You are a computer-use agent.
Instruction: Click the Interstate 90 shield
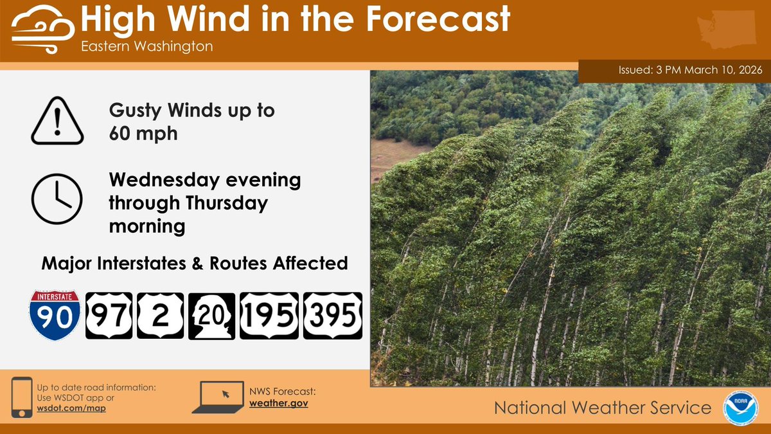(x=55, y=315)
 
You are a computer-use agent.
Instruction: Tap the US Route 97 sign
(x=109, y=316)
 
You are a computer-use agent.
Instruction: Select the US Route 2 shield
(x=159, y=316)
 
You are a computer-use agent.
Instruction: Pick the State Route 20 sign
(x=211, y=316)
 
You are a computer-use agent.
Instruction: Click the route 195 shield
(x=269, y=316)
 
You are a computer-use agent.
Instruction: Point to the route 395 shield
(x=332, y=316)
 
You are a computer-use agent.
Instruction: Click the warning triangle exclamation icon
(x=57, y=122)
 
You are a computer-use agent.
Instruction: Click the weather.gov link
(x=279, y=402)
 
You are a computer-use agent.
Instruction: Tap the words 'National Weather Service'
(x=603, y=408)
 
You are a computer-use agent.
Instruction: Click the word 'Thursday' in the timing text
(x=224, y=203)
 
